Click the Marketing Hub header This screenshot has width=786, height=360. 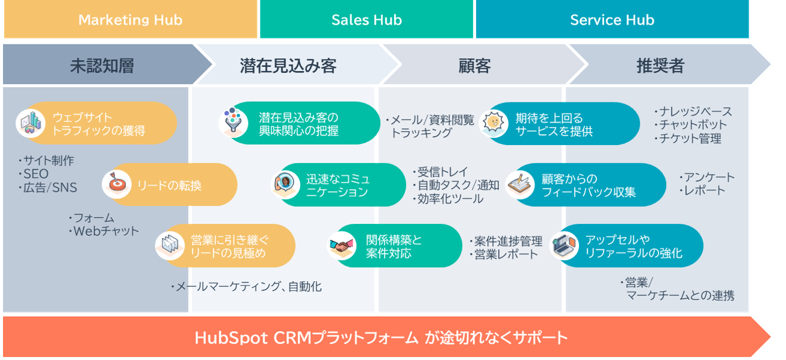(x=130, y=19)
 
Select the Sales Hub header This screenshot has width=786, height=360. (x=367, y=19)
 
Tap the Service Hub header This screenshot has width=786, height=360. (x=612, y=19)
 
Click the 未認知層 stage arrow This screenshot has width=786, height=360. (x=105, y=64)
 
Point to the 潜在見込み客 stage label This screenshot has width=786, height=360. (x=288, y=66)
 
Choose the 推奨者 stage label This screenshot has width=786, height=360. (x=660, y=66)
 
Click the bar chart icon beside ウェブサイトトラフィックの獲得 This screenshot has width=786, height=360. (x=31, y=123)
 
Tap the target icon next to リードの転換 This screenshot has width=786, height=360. (x=117, y=184)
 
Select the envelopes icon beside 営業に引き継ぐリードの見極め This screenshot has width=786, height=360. (x=170, y=245)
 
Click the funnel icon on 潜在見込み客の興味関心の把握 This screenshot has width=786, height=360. (x=233, y=122)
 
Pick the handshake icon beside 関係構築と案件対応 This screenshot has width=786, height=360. (x=342, y=245)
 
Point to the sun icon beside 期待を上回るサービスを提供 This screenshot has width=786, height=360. (x=494, y=123)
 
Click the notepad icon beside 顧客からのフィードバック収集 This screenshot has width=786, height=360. (x=520, y=184)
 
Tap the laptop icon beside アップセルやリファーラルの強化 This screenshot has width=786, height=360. (x=565, y=245)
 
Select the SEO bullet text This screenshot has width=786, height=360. (x=34, y=174)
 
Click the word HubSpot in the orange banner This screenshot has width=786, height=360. (x=231, y=338)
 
